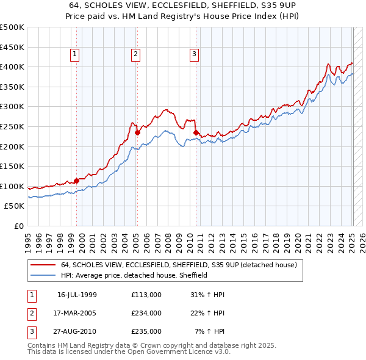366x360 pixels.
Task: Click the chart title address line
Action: pos(183,5)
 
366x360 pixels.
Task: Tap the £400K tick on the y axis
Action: pos(12,67)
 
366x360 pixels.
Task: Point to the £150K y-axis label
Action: pos(12,166)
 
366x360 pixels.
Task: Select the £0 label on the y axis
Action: pos(18,226)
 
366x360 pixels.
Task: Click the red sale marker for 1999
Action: pos(77,181)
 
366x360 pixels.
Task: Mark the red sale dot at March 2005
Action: pos(138,132)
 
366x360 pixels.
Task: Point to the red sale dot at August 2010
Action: pos(196,132)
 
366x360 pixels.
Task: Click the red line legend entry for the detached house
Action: pos(178,265)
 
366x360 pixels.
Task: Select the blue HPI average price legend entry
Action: pos(134,275)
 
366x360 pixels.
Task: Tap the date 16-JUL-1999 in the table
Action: pos(77,295)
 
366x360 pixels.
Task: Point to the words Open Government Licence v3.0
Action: pos(183,352)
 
